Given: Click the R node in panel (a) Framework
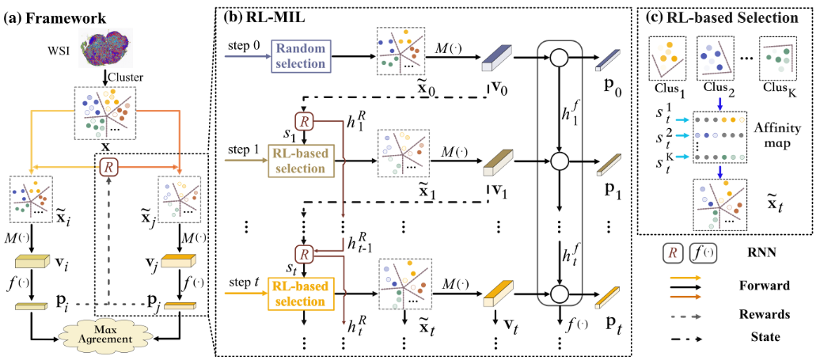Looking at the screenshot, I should (108, 167).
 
